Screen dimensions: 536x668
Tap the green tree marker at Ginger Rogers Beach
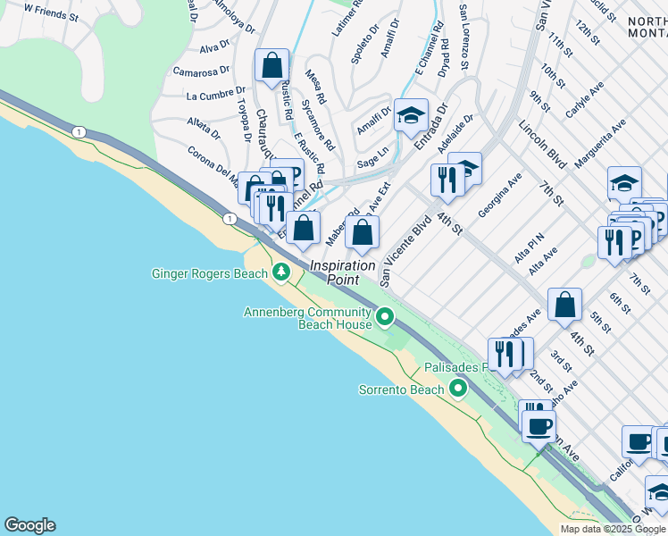coord(281,272)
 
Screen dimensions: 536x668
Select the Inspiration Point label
coord(342,272)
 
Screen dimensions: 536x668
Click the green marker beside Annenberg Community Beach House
coord(385,316)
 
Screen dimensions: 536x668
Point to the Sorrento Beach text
coord(401,389)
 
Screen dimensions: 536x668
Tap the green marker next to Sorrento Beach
coord(458,389)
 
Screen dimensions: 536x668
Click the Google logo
coord(29,525)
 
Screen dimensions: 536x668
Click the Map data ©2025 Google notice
coord(613,529)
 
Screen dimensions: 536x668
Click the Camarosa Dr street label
coord(203,71)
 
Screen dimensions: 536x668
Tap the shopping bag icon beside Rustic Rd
coord(271,66)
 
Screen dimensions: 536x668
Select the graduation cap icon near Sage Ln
coord(411,115)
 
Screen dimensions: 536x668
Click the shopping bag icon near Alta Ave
coord(564,305)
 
